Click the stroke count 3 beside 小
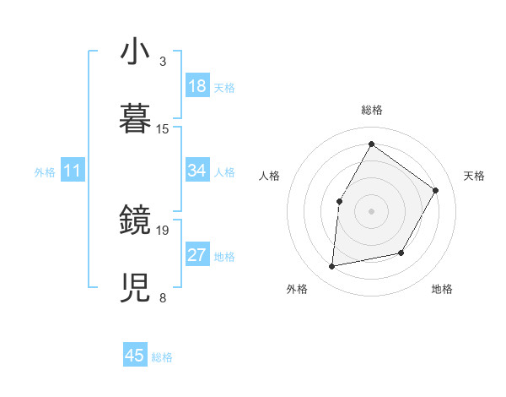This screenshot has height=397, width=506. [163, 63]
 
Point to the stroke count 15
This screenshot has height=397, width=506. [163, 129]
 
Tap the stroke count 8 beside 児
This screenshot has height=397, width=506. [163, 297]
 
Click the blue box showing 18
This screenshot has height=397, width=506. [196, 86]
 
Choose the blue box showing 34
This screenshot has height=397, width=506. [196, 171]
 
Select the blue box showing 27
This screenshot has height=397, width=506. [196, 255]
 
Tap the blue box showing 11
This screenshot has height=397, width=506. [72, 171]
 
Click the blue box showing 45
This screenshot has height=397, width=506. [135, 356]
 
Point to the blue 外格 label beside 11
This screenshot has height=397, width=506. [44, 171]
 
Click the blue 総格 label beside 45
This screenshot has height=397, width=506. [162, 357]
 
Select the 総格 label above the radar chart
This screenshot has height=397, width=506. [371, 110]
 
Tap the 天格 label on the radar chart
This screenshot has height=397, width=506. [474, 176]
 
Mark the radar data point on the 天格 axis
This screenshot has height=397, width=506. [435, 190]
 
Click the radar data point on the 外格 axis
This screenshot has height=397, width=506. [332, 267]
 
